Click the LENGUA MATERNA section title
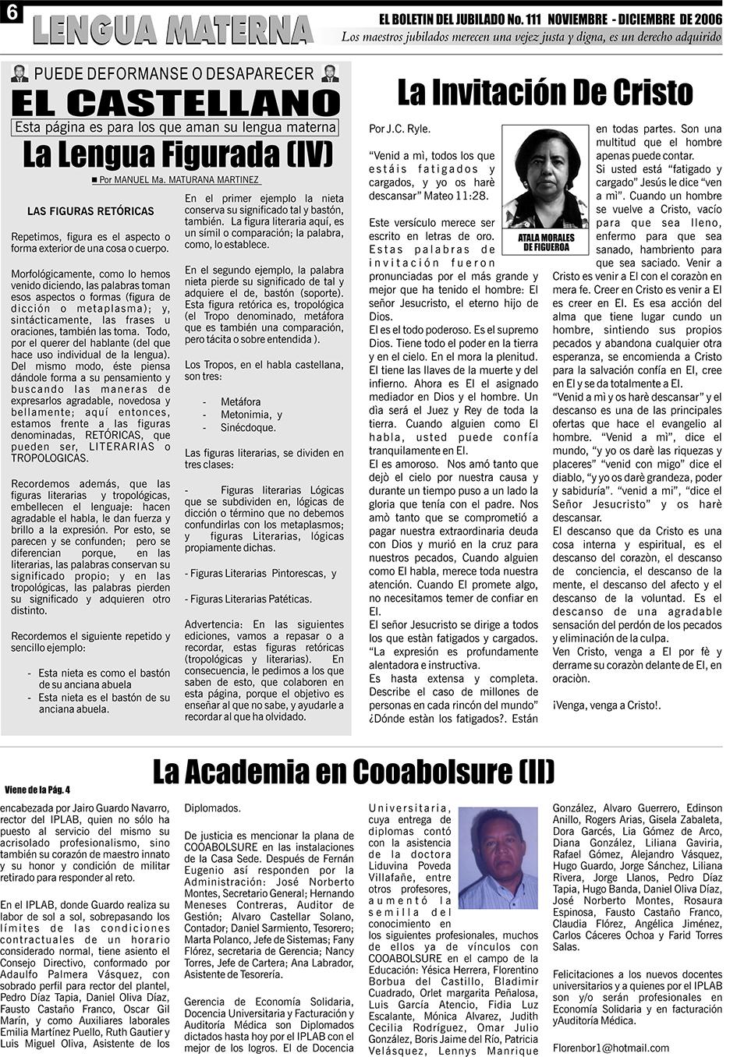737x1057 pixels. [x=172, y=30]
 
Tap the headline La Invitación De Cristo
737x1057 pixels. [x=544, y=93]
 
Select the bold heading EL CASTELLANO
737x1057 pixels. [x=176, y=102]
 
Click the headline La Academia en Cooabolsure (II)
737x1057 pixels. [x=353, y=771]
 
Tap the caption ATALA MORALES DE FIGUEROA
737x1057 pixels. [x=545, y=242]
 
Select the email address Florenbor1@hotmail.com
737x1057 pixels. [x=611, y=1048]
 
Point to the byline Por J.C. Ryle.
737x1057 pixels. [x=399, y=129]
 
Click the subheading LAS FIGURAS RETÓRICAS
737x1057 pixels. [x=90, y=211]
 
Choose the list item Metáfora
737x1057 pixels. [x=241, y=402]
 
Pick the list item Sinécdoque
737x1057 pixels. [x=248, y=427]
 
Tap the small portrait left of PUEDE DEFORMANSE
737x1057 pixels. [x=20, y=74]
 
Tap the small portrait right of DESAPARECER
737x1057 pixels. [x=331, y=74]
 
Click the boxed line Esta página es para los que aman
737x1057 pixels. [x=176, y=127]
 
